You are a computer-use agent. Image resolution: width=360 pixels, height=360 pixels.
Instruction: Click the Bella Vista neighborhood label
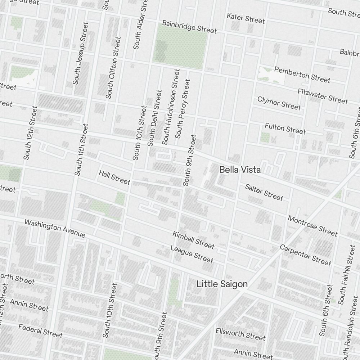(x=240, y=170)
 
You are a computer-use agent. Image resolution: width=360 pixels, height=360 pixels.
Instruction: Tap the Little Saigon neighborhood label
(x=222, y=284)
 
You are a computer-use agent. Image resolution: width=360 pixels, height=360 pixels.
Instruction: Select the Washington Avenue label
(x=55, y=229)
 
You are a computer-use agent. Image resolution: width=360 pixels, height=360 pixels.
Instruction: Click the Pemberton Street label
(x=302, y=74)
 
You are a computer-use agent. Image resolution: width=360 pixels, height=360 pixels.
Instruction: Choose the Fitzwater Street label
(x=323, y=96)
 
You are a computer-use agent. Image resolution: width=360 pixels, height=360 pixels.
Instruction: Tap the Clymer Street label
(x=279, y=103)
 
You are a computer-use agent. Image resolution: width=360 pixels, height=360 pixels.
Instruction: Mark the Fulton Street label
(x=285, y=128)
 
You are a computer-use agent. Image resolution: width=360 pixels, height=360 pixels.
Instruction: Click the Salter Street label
(x=264, y=192)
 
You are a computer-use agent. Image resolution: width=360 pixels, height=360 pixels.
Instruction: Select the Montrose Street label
(x=312, y=226)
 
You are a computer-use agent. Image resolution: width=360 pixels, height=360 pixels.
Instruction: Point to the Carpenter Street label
(x=305, y=255)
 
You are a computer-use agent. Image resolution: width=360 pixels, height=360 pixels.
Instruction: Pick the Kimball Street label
(x=193, y=240)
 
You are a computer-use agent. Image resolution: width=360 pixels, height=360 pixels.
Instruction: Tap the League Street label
(x=192, y=254)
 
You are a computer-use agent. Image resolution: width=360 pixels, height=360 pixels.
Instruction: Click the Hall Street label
(x=114, y=177)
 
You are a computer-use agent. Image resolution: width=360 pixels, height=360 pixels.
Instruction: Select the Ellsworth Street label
(x=240, y=334)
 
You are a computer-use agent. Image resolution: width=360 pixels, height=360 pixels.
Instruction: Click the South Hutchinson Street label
(x=170, y=107)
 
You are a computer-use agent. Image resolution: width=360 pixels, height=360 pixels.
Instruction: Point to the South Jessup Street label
(x=80, y=53)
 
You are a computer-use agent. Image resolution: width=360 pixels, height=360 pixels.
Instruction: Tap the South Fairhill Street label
(x=347, y=274)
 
